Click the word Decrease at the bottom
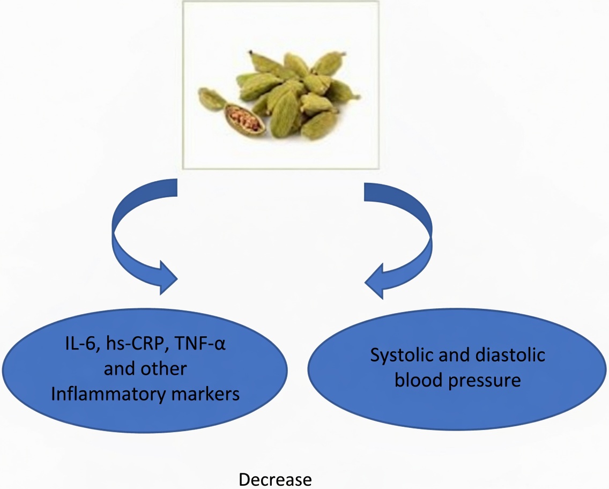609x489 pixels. click(274, 479)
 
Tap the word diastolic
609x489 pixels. click(509, 355)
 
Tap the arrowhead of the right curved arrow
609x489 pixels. click(377, 280)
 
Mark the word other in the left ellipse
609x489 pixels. click(164, 369)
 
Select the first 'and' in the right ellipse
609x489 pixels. click(459, 355)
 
